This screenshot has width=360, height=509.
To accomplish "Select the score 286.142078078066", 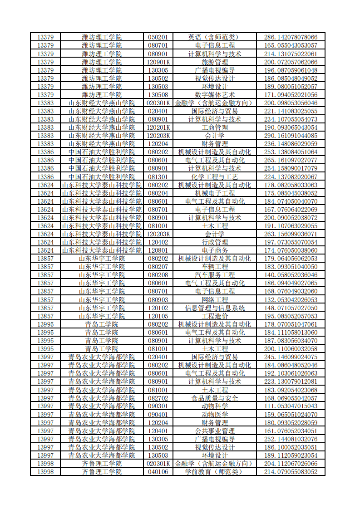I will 291,37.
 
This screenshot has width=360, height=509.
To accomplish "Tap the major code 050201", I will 158,37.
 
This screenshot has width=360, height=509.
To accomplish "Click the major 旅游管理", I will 214,62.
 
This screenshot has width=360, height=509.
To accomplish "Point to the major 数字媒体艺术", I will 214,94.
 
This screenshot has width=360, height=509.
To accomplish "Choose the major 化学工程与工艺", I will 214,176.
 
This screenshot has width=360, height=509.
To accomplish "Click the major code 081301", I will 158,176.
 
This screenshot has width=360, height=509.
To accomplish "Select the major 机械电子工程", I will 214,193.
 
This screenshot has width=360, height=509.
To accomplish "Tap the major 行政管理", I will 214,242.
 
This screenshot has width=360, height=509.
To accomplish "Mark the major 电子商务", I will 214,250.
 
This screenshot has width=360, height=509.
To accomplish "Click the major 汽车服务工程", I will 214,275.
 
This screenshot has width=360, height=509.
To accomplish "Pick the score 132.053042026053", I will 291,300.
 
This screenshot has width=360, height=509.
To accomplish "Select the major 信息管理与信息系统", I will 214,308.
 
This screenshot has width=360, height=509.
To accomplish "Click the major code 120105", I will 158,316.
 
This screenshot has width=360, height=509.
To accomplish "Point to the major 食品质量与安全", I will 214,398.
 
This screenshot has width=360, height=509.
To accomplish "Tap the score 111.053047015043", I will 291,406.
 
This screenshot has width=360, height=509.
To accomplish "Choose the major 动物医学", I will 214,415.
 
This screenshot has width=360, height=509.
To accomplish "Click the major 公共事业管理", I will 214,431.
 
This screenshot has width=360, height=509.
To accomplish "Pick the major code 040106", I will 158,472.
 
